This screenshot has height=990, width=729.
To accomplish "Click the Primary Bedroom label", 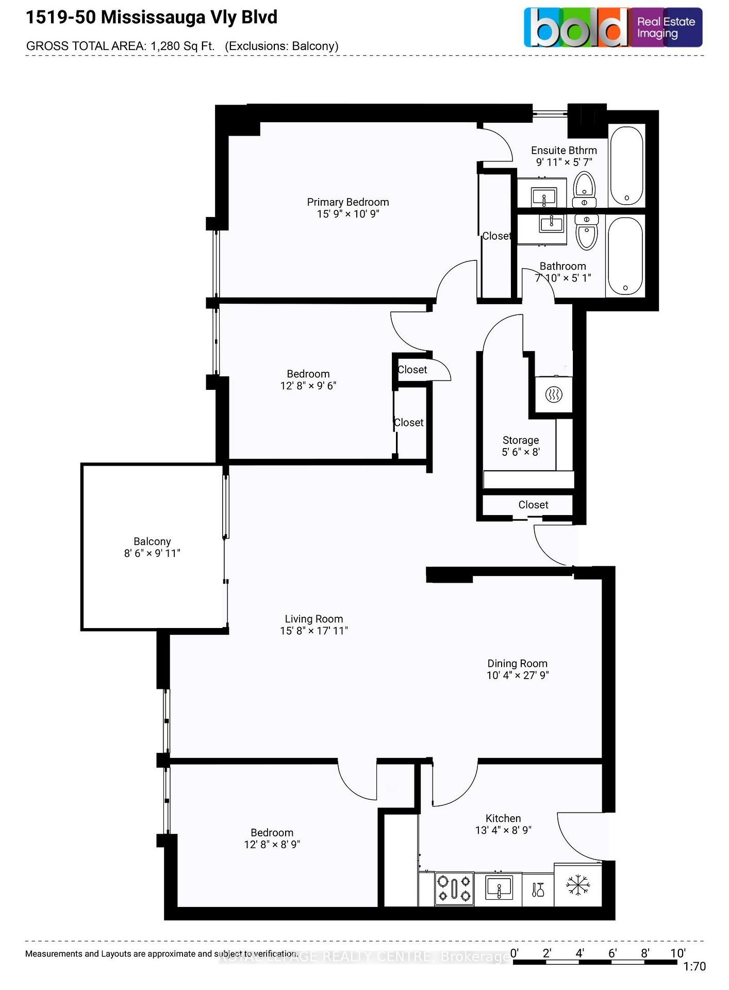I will coord(347,202).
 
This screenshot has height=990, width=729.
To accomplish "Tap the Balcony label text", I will coord(152,541).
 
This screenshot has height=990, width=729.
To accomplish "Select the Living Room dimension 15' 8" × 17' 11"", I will coord(314,631).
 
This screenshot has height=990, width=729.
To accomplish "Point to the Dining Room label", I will coord(517,664).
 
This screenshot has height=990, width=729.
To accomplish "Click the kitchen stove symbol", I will coord(454,888).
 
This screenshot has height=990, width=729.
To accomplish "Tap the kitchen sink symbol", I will coord(499,888).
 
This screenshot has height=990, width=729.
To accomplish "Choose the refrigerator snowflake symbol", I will coord(578,885).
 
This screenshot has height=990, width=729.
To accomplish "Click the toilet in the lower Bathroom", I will coord(586,232).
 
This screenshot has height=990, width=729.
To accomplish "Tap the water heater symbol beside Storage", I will coord(553,395).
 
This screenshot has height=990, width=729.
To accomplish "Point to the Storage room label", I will coord(521,440).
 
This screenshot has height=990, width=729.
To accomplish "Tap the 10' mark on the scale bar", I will coord(677,953).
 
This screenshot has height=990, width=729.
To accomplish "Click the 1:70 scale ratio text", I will coord(694,967).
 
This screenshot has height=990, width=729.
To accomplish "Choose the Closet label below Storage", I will coord(533,505).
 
